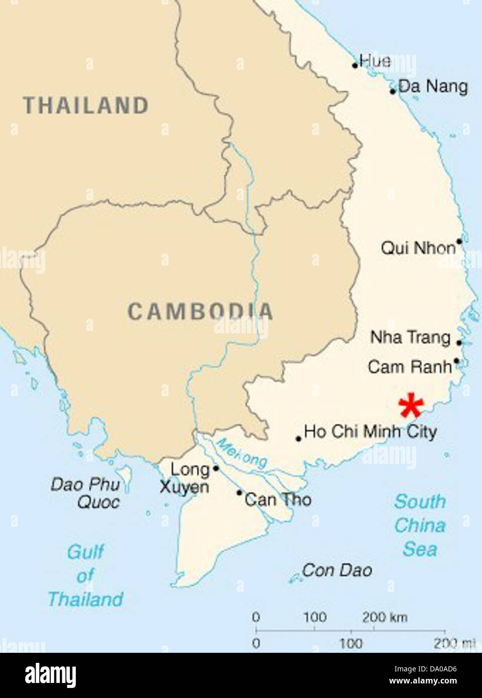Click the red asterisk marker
(411, 406)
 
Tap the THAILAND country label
(86, 105)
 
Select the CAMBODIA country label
(200, 311)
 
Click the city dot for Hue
(355, 65)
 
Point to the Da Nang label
(433, 86)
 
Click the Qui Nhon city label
(418, 248)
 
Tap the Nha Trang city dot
(459, 343)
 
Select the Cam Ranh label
(410, 367)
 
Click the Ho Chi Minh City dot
(298, 439)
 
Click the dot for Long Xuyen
(216, 469)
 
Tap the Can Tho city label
(278, 500)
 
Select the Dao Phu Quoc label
(86, 493)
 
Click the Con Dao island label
(337, 570)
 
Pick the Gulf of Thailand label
(85, 575)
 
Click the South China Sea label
(420, 525)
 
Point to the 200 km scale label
(385, 617)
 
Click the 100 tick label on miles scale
(350, 643)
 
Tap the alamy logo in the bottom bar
(50, 675)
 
